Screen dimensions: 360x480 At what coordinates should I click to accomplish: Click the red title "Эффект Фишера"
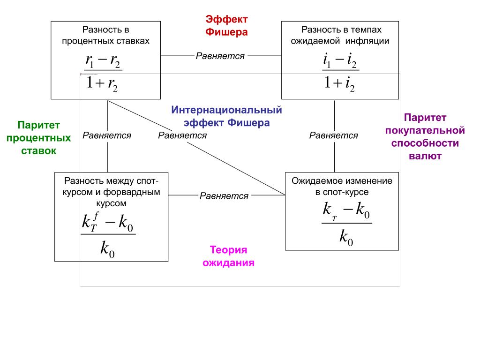click(x=226, y=26)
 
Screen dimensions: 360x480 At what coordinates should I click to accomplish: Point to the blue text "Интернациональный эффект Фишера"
click(x=226, y=117)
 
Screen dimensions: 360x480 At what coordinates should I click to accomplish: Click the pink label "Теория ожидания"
click(x=228, y=256)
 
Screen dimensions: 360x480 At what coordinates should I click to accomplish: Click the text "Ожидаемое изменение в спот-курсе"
click(x=342, y=186)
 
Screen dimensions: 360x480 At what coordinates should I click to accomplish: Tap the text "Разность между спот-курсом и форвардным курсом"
click(x=111, y=192)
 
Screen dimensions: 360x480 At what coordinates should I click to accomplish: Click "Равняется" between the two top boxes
click(x=220, y=56)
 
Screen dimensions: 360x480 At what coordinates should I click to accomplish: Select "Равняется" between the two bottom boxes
click(x=224, y=196)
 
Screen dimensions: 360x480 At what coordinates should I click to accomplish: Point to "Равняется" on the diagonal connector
click(x=182, y=135)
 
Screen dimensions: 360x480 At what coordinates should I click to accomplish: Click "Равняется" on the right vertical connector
click(x=334, y=135)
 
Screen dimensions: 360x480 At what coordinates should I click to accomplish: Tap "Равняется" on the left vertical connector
click(x=107, y=135)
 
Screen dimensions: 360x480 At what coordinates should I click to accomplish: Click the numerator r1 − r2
click(x=103, y=61)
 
